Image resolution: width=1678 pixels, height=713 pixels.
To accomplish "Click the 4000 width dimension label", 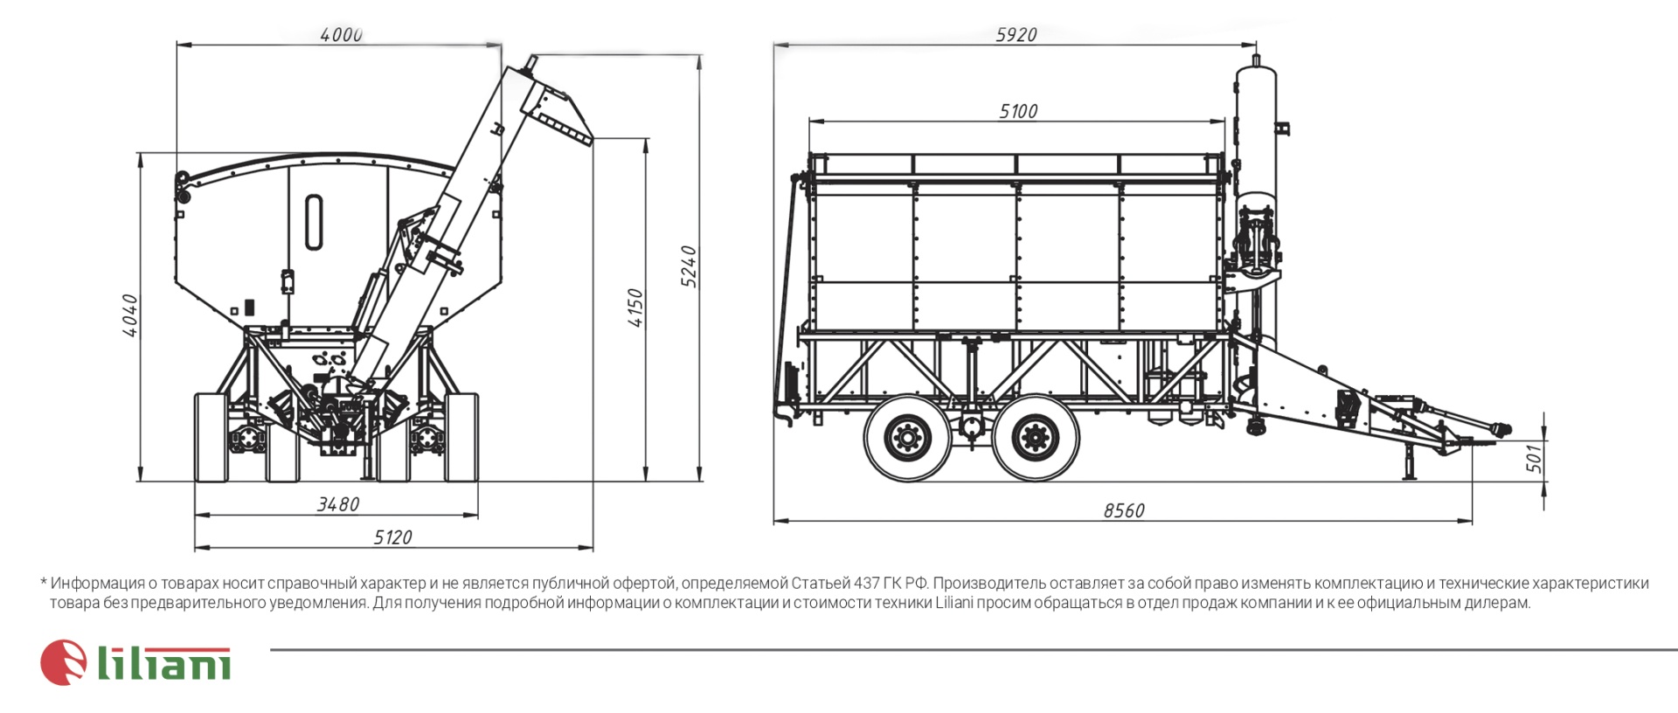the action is click(x=341, y=35).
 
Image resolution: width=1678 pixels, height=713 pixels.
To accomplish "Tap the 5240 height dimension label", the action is click(x=689, y=267).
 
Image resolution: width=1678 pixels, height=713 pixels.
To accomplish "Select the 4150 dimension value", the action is click(x=635, y=308).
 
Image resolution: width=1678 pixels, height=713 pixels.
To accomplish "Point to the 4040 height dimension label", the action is click(x=129, y=315).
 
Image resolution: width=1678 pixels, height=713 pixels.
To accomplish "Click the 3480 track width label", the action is click(x=338, y=504).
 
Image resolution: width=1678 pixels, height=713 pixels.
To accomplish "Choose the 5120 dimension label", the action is click(x=392, y=537).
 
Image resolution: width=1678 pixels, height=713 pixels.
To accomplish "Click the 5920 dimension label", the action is click(x=1016, y=35).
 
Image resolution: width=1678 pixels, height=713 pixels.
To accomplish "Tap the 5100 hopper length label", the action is click(x=1018, y=111).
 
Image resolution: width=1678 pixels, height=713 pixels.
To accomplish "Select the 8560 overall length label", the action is click(x=1124, y=510).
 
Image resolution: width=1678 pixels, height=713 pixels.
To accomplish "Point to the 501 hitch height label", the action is click(x=1534, y=457).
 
